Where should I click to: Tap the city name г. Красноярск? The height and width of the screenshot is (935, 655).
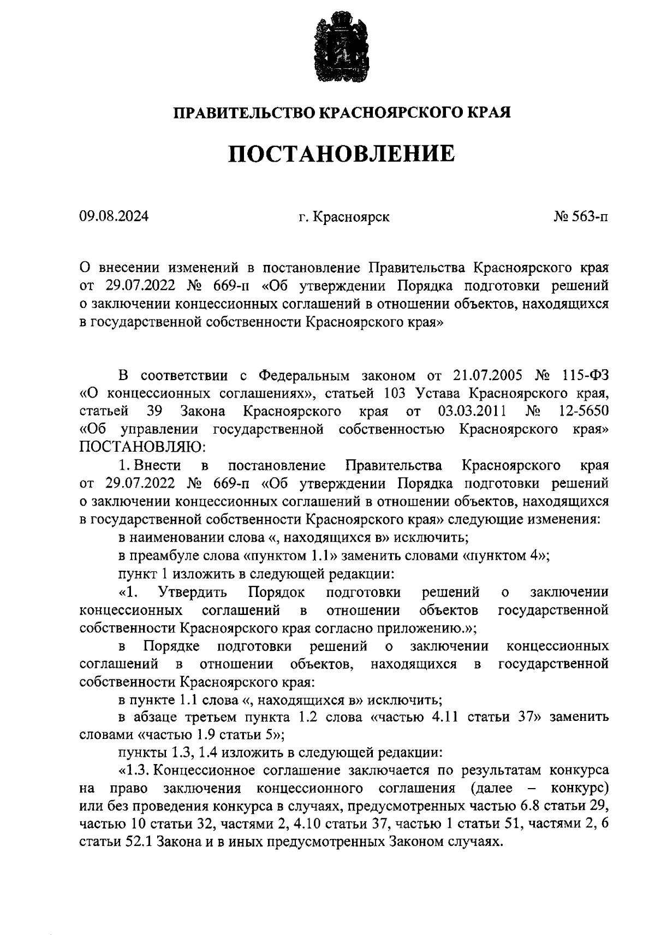coord(344,217)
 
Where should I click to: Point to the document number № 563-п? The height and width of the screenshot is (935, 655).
coord(580,217)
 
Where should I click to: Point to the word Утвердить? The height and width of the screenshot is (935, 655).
coord(193,592)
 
